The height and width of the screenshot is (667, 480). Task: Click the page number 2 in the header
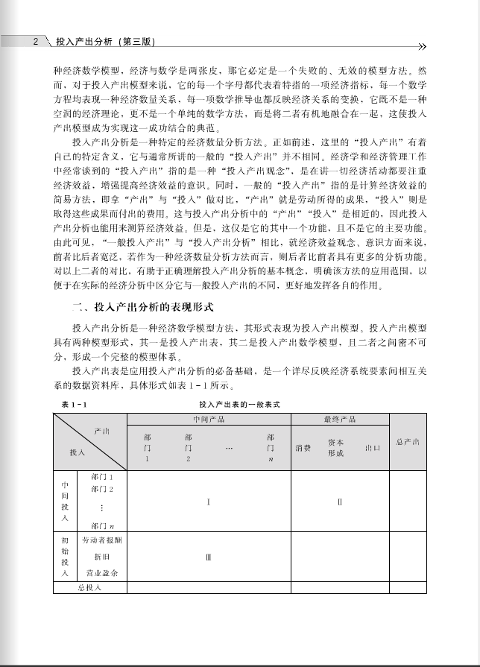(35, 42)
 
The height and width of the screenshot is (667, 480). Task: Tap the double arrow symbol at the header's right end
(421, 45)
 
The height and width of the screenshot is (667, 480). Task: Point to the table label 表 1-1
(75, 404)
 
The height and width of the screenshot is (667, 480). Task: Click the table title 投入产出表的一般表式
(234, 404)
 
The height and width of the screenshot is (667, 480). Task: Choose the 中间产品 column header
(208, 419)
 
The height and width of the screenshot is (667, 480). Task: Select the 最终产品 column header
(339, 419)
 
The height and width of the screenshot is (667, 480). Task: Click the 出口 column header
(372, 448)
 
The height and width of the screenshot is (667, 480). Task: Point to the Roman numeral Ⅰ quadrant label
(208, 502)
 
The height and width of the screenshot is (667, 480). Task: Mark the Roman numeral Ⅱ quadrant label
(339, 502)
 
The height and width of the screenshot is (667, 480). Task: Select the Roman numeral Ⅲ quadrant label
(208, 555)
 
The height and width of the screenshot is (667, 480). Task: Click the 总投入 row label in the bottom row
(89, 587)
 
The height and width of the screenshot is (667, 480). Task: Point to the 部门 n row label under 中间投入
(101, 526)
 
